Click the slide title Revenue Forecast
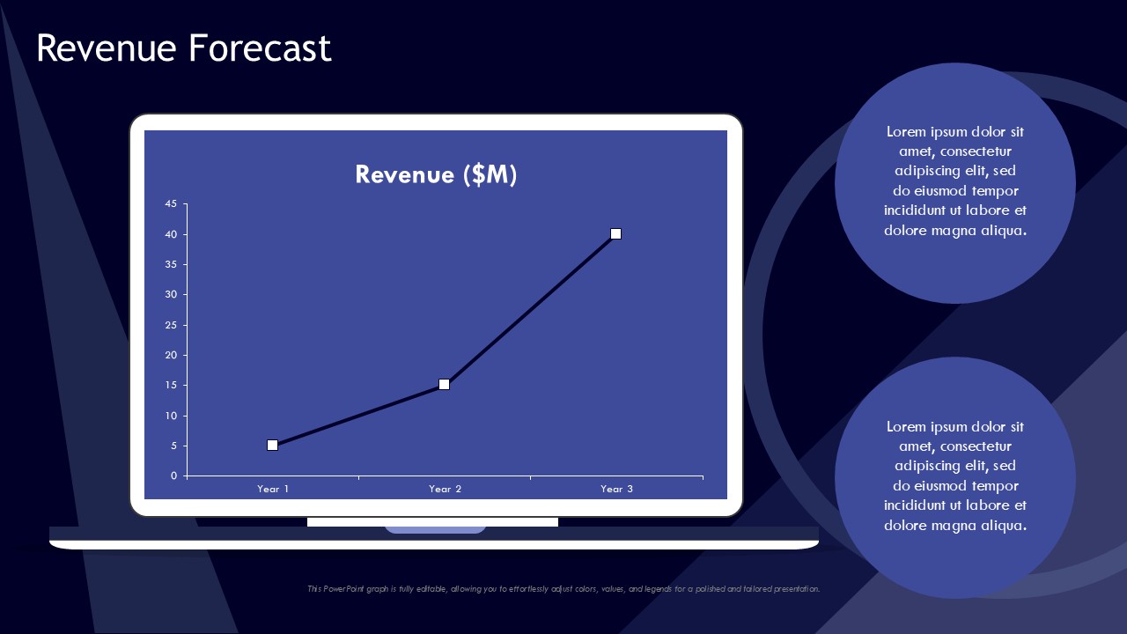point(183,48)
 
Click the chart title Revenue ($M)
point(436,174)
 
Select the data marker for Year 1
point(273,446)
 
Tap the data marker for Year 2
point(445,385)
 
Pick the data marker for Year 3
point(616,234)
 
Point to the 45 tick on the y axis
point(171,204)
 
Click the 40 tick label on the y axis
point(171,234)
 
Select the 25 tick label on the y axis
point(171,325)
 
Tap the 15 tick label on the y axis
point(171,385)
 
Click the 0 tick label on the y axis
point(173,475)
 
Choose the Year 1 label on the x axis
point(273,489)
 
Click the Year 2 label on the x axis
point(445,489)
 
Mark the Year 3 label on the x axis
point(616,489)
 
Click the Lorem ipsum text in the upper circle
point(955,181)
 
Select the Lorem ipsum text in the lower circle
point(955,476)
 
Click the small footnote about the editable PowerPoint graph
point(563,589)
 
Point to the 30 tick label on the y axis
point(171,294)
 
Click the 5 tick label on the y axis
point(173,446)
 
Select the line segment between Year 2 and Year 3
point(530,310)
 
